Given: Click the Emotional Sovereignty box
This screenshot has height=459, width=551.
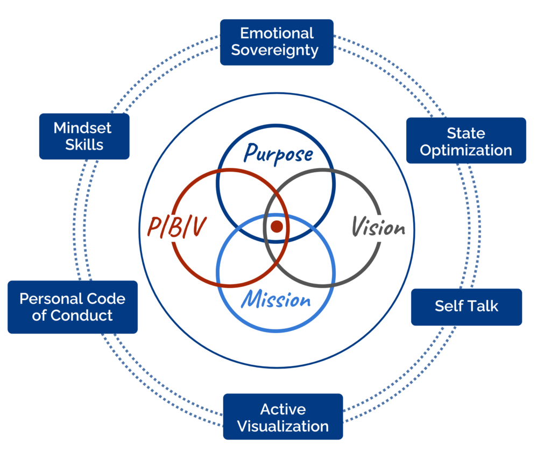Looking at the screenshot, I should point(277,42).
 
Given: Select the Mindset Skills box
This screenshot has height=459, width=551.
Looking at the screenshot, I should point(84,136).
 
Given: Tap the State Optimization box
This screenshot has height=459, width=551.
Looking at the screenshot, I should point(466,141).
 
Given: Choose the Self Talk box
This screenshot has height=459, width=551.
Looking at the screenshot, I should point(467,307).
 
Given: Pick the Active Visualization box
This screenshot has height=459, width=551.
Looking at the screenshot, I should point(283,417).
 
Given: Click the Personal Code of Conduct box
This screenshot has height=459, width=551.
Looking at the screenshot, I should point(73,307).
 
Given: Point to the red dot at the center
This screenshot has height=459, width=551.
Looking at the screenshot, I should point(277,226).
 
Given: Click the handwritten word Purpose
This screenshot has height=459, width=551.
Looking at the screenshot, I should point(278,153).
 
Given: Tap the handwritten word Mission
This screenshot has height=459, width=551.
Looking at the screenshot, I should point(276,299).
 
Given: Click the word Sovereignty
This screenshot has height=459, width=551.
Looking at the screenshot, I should point(277,51).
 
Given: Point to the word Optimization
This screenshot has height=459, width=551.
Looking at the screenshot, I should point(466,150).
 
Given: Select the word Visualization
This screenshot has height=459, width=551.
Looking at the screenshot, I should point(283,427).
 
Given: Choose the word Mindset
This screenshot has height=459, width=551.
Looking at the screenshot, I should point(82,128).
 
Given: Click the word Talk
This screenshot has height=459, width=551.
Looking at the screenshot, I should point(483,307).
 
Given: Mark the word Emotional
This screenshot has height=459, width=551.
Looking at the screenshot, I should point(277,33).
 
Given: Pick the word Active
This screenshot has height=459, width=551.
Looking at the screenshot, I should point(283,409).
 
